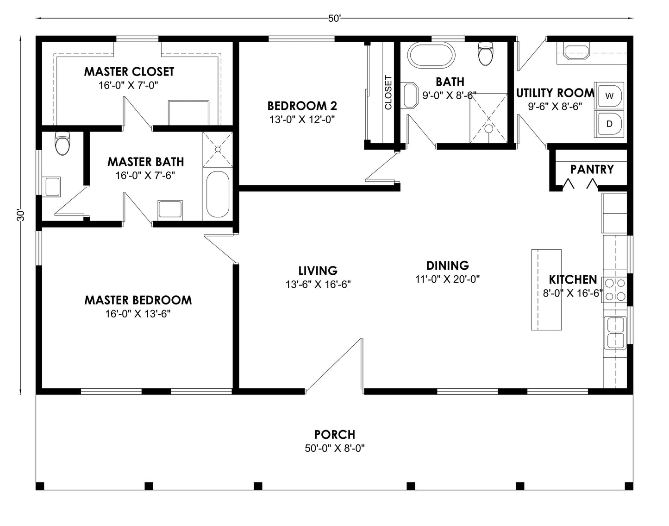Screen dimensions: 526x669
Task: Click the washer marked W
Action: (610, 96)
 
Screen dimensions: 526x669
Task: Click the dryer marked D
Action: (610, 124)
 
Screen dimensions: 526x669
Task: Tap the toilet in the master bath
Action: (62, 143)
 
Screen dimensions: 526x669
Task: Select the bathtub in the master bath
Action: (218, 195)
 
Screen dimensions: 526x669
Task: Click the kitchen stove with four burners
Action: (615, 290)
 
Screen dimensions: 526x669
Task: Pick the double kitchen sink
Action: (615, 333)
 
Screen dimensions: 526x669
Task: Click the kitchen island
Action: (546, 290)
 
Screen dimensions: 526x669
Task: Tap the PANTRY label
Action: (592, 170)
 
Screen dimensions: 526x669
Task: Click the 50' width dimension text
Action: (334, 19)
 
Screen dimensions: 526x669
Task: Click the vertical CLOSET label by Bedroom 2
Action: (388, 93)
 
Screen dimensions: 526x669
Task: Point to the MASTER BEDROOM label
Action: (138, 300)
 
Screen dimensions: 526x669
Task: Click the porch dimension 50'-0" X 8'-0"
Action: (334, 449)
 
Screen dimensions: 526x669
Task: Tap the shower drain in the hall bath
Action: (488, 129)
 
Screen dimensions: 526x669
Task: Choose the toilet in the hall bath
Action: (485, 53)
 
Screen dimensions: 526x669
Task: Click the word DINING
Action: (447, 266)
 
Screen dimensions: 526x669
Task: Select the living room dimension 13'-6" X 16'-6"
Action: (318, 285)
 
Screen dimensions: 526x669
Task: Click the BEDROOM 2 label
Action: (302, 106)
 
